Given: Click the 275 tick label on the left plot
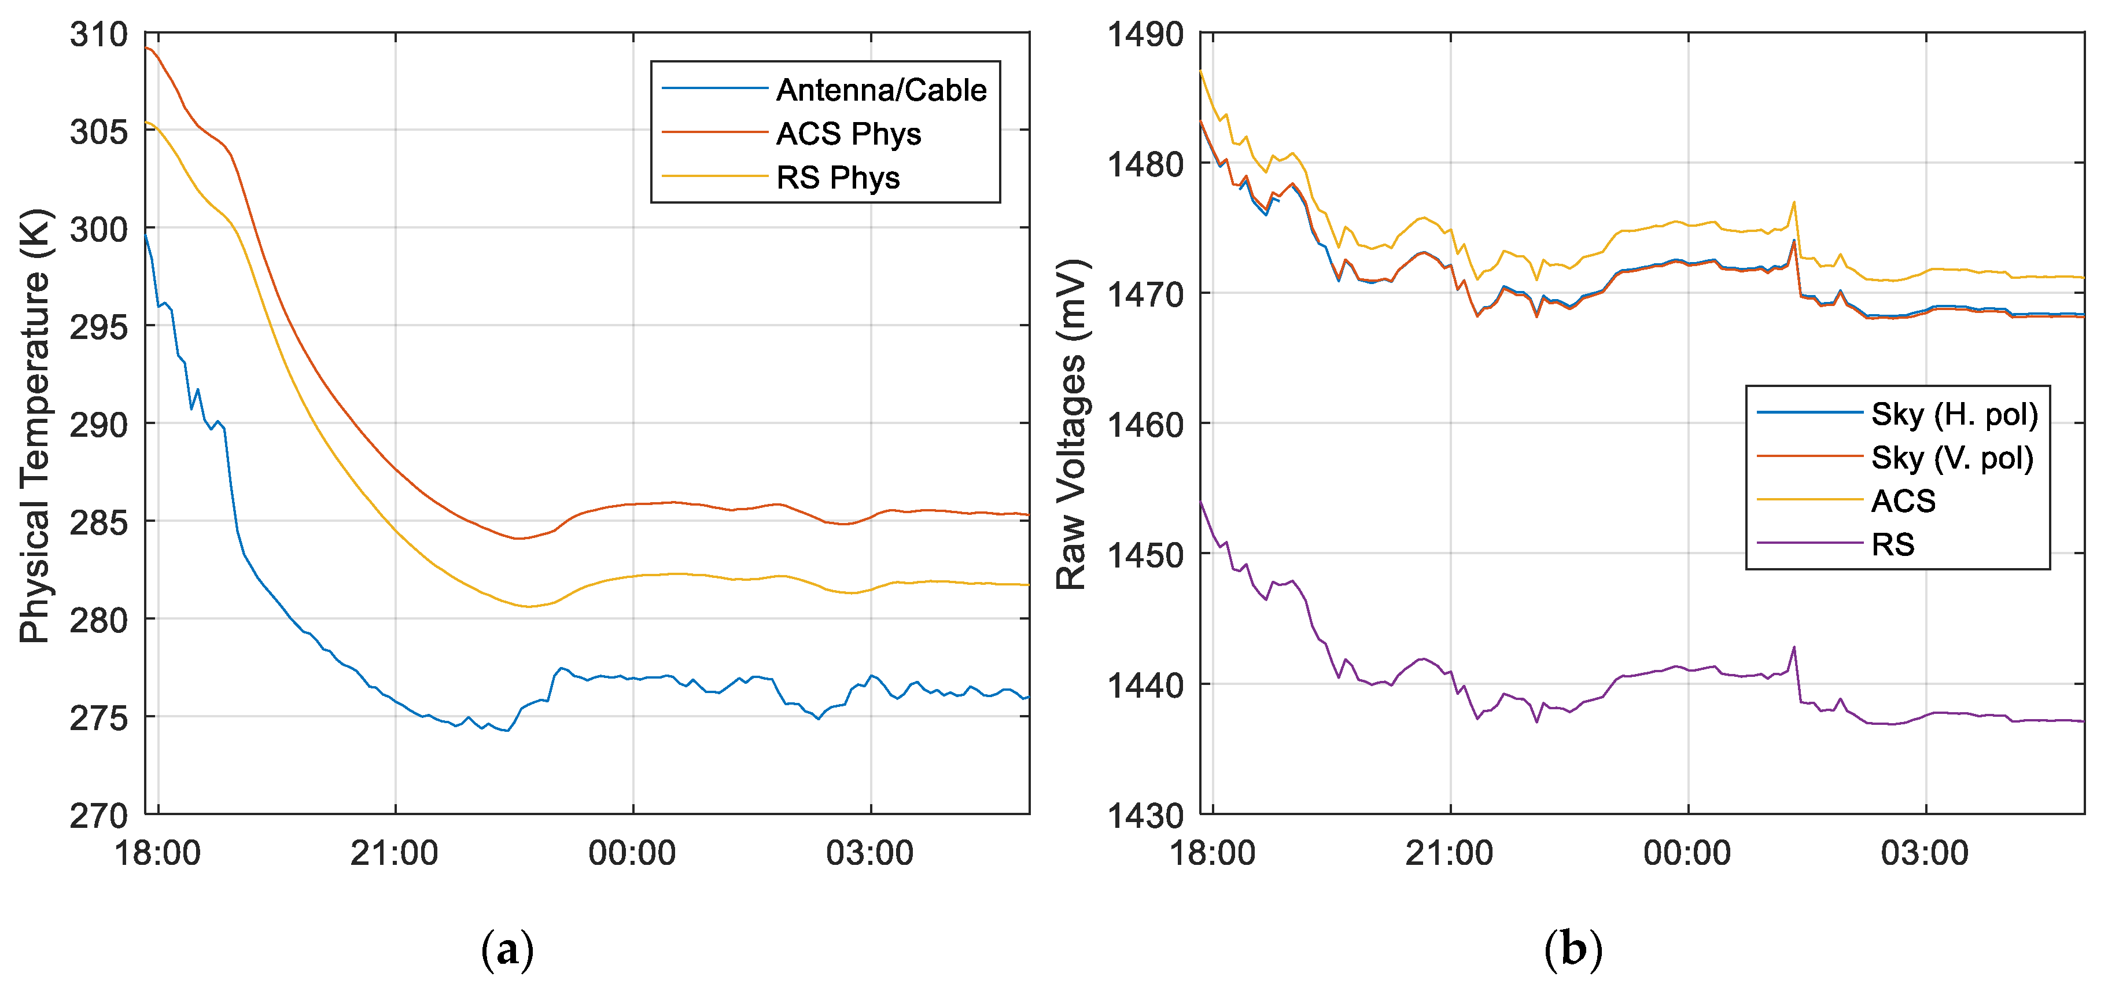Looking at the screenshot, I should point(99,718).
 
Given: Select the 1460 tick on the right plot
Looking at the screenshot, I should point(1145,425).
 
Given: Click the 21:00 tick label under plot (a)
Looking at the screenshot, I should point(395,853).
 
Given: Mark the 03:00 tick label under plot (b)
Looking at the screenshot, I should point(1924,853).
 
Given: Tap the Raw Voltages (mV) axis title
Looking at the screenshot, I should point(1070,426).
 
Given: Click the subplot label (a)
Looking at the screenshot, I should point(507,949).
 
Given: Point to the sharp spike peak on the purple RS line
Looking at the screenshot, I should point(1794,647).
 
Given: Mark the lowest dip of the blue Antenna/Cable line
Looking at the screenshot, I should point(507,730).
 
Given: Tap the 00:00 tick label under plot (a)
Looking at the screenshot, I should point(632,853).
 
